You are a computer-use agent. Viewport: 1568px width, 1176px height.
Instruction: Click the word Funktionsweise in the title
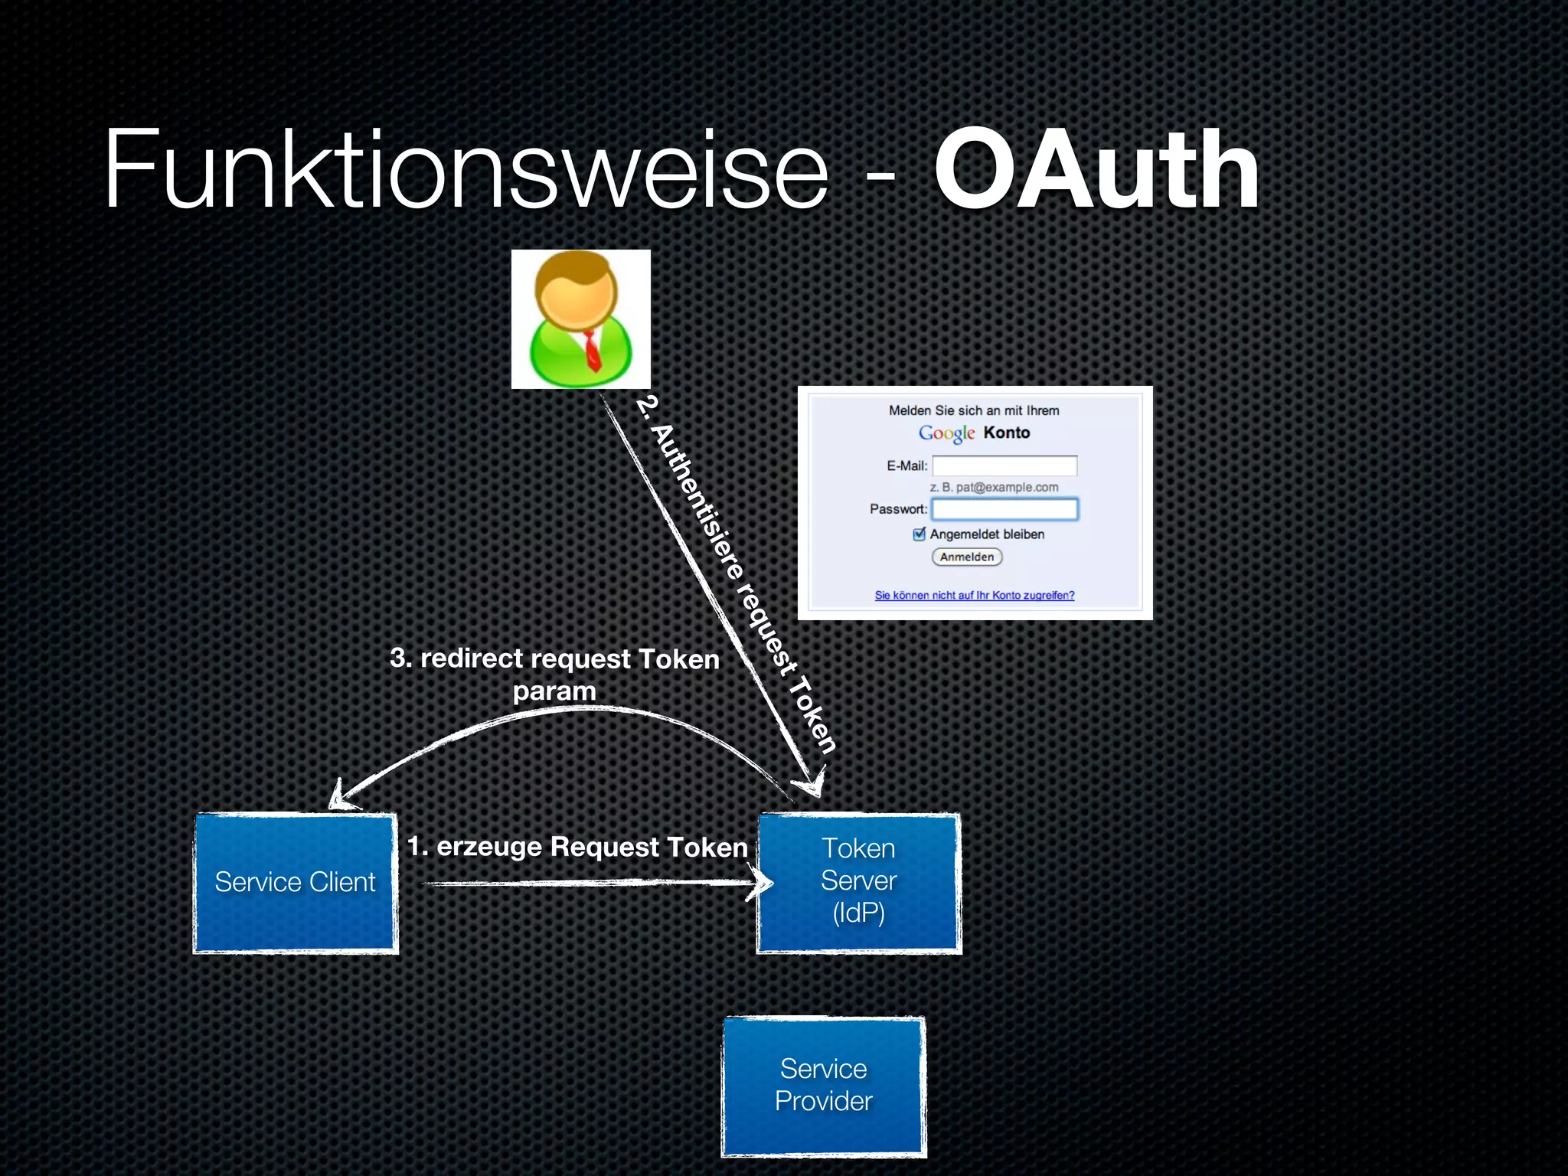tap(465, 170)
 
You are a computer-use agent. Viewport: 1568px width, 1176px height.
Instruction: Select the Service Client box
tap(296, 883)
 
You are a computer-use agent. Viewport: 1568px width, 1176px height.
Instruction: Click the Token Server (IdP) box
tap(858, 883)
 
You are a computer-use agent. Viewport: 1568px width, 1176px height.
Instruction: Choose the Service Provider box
tap(824, 1086)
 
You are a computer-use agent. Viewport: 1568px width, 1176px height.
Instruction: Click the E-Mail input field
tap(1004, 465)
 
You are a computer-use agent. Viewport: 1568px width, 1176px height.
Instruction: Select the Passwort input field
tap(1004, 509)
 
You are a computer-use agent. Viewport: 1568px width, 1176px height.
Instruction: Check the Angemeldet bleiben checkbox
tap(920, 534)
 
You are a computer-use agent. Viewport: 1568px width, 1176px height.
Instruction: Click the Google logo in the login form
tap(946, 433)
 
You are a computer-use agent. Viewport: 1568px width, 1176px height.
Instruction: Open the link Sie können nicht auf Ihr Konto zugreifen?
tap(975, 596)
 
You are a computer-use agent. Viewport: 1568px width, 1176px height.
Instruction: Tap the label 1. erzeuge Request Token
tap(577, 847)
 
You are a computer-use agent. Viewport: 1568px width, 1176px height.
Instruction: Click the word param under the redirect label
tap(554, 691)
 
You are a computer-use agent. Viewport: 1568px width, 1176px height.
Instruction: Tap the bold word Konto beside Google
tap(1007, 433)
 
